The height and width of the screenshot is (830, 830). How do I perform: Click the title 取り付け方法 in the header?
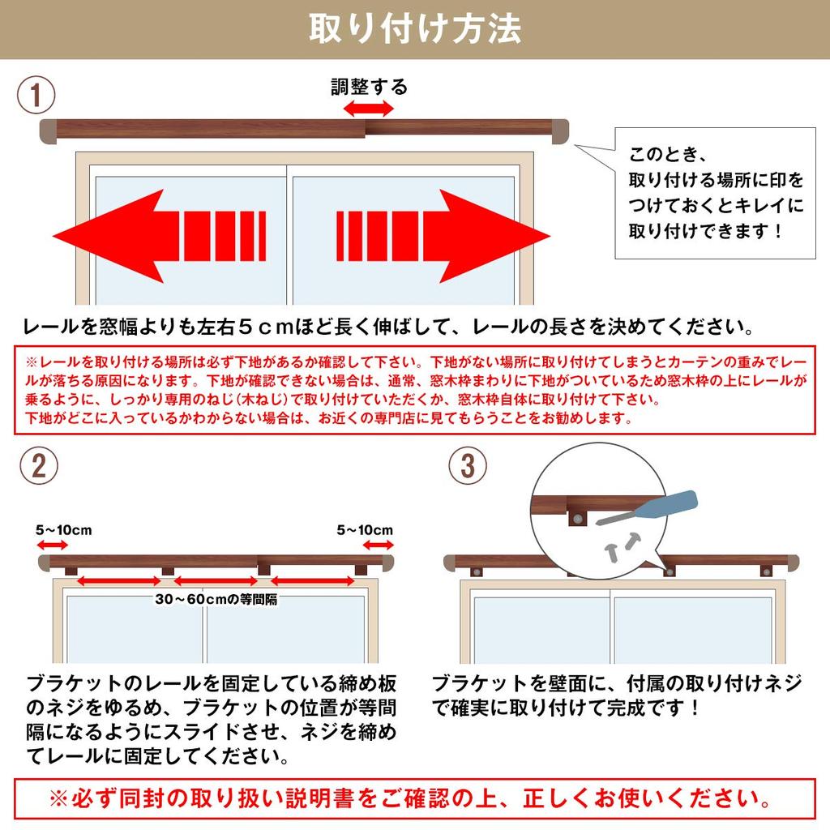414,28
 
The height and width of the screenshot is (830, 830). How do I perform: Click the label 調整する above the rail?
369,87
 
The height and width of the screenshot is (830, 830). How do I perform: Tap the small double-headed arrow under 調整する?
368,108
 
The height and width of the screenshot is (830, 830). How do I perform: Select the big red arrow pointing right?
443,236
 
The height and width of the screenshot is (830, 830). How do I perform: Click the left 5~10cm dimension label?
64,531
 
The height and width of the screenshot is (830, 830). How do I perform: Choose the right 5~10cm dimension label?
365,531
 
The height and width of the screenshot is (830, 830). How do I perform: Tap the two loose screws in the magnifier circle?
622,543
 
